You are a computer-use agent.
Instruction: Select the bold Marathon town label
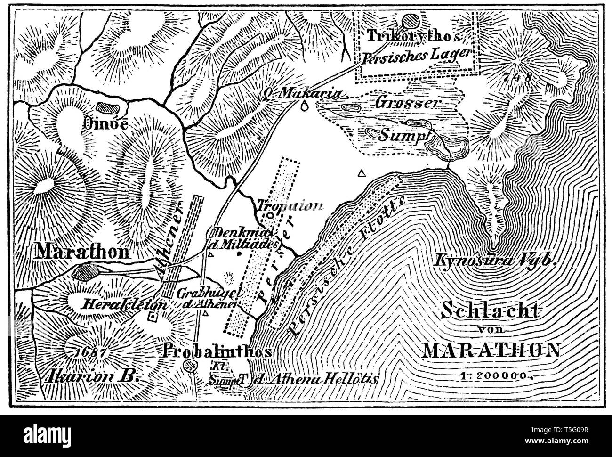pyautogui.click(x=83, y=252)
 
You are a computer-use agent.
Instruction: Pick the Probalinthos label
pyautogui.click(x=217, y=352)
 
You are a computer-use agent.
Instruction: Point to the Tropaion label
pyautogui.click(x=290, y=205)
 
